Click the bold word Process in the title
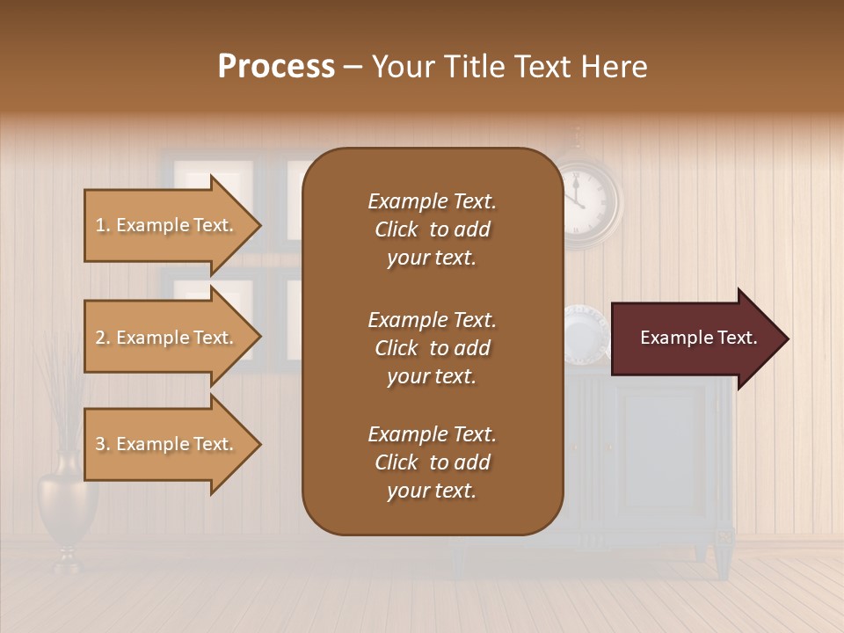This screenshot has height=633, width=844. click(276, 67)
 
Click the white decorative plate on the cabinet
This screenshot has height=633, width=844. click(585, 332)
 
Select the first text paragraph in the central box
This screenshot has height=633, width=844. click(432, 229)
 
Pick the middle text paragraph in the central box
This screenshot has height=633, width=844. click(432, 348)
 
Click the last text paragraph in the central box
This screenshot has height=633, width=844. click(432, 462)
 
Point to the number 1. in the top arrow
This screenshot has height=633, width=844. click(103, 225)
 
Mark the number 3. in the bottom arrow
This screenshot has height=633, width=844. click(103, 444)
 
